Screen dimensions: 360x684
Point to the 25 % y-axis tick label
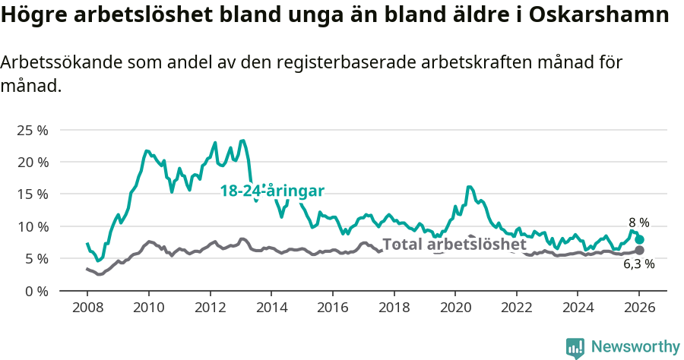[x=32, y=130]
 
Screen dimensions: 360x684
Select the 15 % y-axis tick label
[x=32, y=194]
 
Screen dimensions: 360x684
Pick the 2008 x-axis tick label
[x=87, y=308]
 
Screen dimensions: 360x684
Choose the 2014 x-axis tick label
[x=271, y=308]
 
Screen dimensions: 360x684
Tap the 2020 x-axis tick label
[x=455, y=308]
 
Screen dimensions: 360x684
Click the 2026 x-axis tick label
[x=639, y=308]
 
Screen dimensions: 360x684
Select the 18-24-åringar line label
[x=272, y=191]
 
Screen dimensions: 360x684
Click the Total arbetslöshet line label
[x=454, y=245]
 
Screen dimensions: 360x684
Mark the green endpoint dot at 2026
[x=639, y=239]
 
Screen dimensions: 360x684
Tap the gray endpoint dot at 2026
[x=639, y=250]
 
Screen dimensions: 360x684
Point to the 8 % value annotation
[x=638, y=223]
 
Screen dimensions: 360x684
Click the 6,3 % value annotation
[x=638, y=264]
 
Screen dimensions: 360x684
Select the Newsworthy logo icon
[x=575, y=347]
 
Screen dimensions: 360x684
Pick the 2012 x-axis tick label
[x=210, y=308]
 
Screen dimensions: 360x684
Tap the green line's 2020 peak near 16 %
[x=469, y=186]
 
